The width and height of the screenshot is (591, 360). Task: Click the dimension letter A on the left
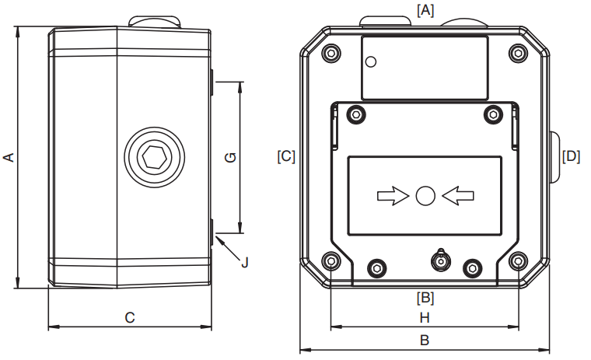(9, 157)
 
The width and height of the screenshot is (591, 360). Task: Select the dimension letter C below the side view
(130, 318)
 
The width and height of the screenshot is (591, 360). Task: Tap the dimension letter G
(230, 157)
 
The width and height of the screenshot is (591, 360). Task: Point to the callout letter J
(245, 262)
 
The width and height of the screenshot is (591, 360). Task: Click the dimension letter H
(425, 318)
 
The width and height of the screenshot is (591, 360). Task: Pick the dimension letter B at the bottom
(425, 341)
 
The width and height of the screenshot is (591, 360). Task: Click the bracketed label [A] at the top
(425, 10)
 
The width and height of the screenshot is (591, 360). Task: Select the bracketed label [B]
(425, 298)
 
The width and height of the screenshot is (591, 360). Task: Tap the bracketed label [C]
(286, 156)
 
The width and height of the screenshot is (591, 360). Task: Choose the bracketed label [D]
(571, 156)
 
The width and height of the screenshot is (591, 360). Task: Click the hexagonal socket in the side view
(154, 157)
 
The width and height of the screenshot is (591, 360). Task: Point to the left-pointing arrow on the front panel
(458, 196)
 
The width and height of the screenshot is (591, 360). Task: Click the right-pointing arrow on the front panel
(393, 196)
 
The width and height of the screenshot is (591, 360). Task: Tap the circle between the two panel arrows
(425, 196)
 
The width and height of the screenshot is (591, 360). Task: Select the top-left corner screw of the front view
(332, 53)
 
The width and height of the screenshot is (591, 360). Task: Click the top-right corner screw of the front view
(518, 53)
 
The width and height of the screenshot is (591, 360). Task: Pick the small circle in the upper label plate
(371, 62)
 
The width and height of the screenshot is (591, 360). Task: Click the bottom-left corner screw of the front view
(332, 260)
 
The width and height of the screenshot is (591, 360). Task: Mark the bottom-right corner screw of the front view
(518, 260)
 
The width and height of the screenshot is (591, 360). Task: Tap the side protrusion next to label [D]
(554, 157)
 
